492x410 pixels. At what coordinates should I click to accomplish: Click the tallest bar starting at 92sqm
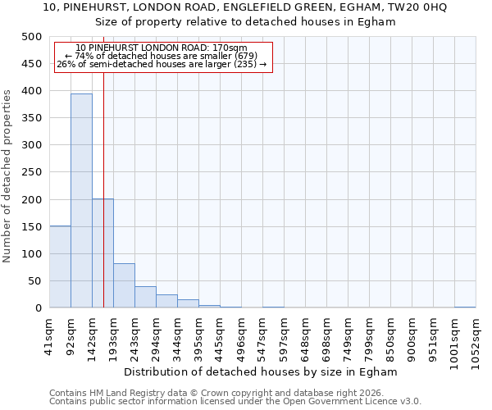pos(81,201)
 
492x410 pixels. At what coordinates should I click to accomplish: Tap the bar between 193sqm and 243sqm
pos(124,286)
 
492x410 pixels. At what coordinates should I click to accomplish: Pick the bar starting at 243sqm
pos(145,297)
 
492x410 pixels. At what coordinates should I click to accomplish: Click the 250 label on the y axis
pos(32,173)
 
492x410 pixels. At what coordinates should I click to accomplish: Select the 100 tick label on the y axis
pos(32,254)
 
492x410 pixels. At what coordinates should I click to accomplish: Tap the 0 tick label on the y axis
pos(39,308)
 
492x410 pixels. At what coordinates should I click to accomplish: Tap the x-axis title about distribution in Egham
pos(266,371)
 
